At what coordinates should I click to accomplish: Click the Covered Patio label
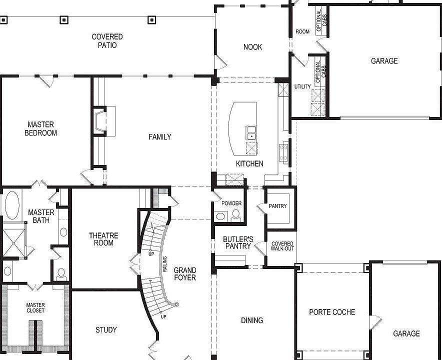pos(107,41)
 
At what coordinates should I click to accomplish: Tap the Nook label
pos(252,47)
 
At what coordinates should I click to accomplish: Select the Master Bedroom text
pos(41,128)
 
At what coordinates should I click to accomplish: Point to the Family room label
pos(159,137)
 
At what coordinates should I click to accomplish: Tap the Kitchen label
pos(249,163)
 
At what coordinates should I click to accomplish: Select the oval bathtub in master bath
pos(12,205)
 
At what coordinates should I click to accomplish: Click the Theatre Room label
pos(103,239)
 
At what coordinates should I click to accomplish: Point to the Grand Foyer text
pos(184,273)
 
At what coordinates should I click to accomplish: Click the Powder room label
pos(231,203)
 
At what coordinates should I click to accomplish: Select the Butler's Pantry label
pos(237,242)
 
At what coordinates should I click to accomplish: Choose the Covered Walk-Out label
pos(282,246)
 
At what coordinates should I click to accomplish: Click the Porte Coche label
pos(332,312)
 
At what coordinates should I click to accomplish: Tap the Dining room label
pos(252,320)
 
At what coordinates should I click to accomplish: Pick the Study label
pos(106,329)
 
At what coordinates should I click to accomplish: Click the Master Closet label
pos(35,307)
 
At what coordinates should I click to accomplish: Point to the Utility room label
pos(302,86)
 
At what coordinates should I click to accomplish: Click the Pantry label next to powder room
pos(277,206)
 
